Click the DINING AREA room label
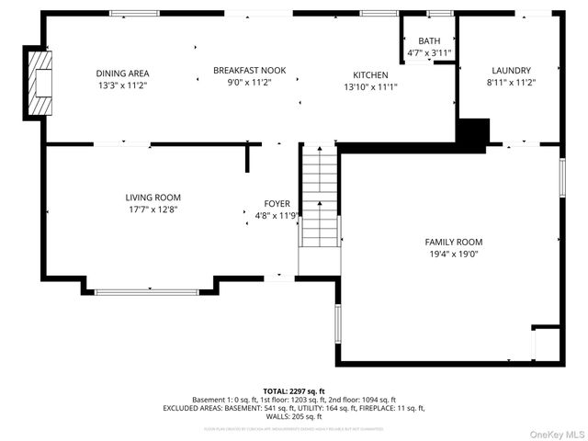coord(122,73)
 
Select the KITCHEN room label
coord(370,74)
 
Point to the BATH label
coord(429,41)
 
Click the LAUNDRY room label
coord(510,70)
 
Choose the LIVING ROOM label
coord(153,198)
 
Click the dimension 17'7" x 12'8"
coord(153,209)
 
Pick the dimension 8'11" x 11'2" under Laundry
coord(510,83)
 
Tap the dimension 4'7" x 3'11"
coord(429,52)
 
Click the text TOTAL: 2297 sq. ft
coord(294,390)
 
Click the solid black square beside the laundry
coord(472,133)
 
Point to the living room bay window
coord(147,292)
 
